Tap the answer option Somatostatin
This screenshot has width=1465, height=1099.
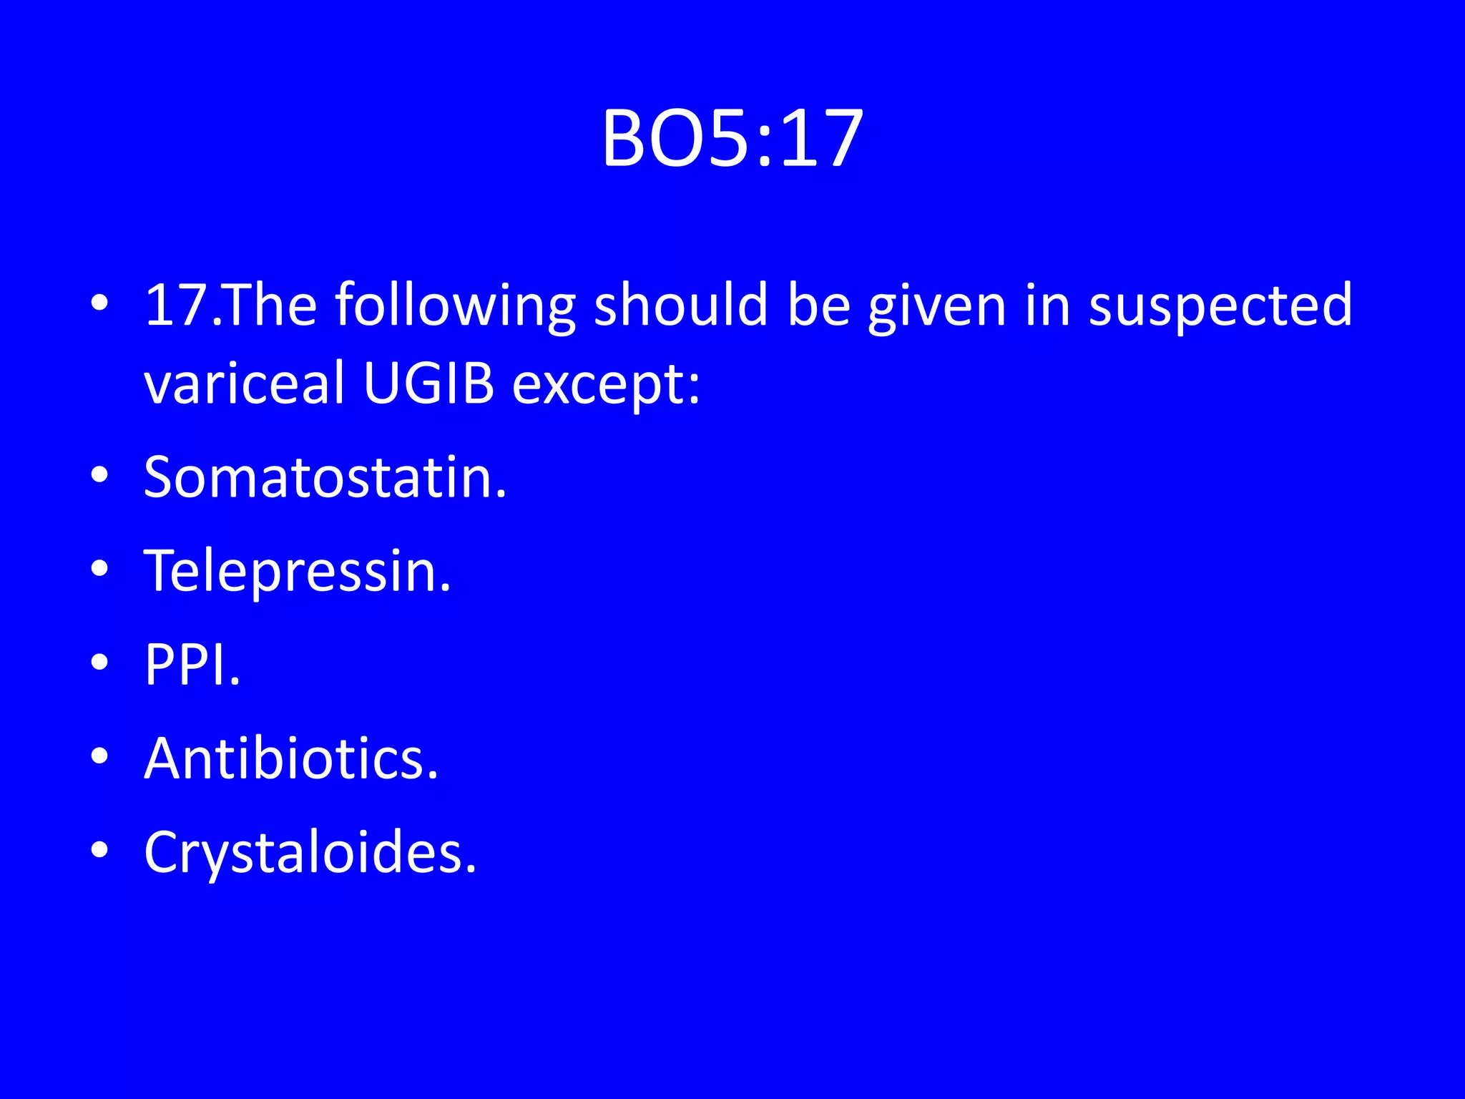[x=325, y=477]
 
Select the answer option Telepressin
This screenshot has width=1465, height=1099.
[x=298, y=572]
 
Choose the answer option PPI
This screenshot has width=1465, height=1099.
[x=192, y=665]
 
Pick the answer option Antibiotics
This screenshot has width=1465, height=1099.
[x=290, y=758]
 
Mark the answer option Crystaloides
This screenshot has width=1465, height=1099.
[x=310, y=852]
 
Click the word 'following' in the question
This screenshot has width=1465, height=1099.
[x=455, y=306]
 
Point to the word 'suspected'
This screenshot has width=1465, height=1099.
[x=1220, y=306]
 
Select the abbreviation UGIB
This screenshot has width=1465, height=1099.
[x=428, y=383]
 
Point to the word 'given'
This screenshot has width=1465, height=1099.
[x=937, y=306]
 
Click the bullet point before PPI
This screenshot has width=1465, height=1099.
[x=100, y=662]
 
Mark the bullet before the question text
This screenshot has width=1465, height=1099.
[x=100, y=303]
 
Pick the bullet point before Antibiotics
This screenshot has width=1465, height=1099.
[x=100, y=756]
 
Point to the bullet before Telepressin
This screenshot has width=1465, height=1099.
[x=100, y=568]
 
